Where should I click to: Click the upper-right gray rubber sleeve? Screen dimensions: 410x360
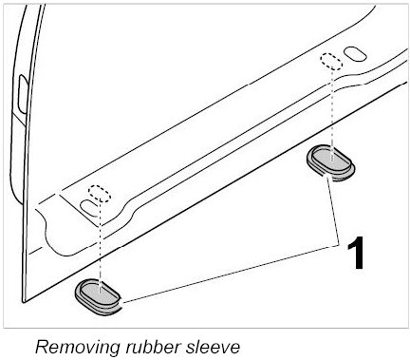[x=330, y=162]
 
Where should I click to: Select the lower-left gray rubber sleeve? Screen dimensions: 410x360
[x=98, y=296]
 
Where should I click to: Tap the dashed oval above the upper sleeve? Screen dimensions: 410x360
[x=331, y=62]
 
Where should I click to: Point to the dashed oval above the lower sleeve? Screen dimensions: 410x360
[x=100, y=194]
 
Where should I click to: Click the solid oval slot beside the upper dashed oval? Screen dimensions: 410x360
[x=355, y=53]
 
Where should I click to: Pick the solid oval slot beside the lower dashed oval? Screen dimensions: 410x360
[x=90, y=208]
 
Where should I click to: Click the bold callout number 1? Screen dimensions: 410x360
[x=355, y=253]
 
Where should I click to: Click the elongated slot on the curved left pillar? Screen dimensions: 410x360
[x=22, y=94]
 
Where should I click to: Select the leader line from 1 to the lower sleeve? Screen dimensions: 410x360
[x=231, y=274]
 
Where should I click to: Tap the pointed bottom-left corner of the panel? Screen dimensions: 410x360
[x=23, y=301]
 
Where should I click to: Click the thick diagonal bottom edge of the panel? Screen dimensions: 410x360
[x=215, y=192]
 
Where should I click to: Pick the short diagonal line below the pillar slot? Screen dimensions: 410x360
[x=19, y=120]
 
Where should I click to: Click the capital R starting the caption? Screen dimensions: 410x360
[x=42, y=347]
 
